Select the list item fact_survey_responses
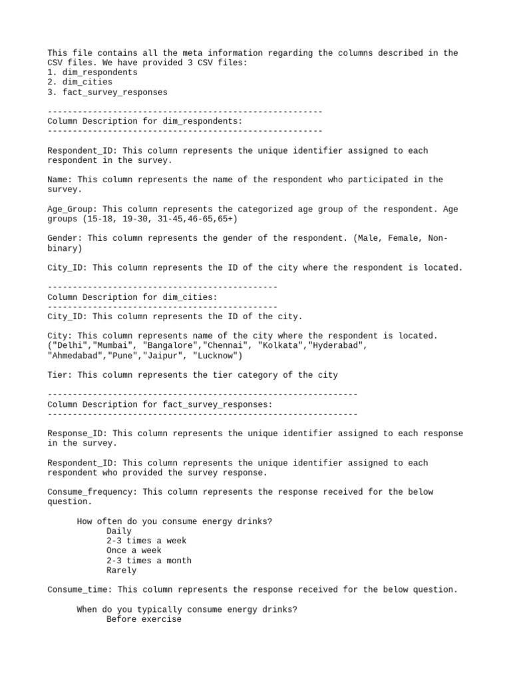coord(112,92)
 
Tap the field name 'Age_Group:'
coord(72,209)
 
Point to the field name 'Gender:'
coord(65,238)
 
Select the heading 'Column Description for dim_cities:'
coord(132,297)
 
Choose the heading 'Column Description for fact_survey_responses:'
coord(160,404)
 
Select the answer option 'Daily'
coord(119,531)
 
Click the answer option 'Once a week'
coord(134,551)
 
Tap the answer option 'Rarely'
coord(121,571)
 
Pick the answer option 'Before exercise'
coord(144,619)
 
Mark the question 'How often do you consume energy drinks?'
coord(174,521)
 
